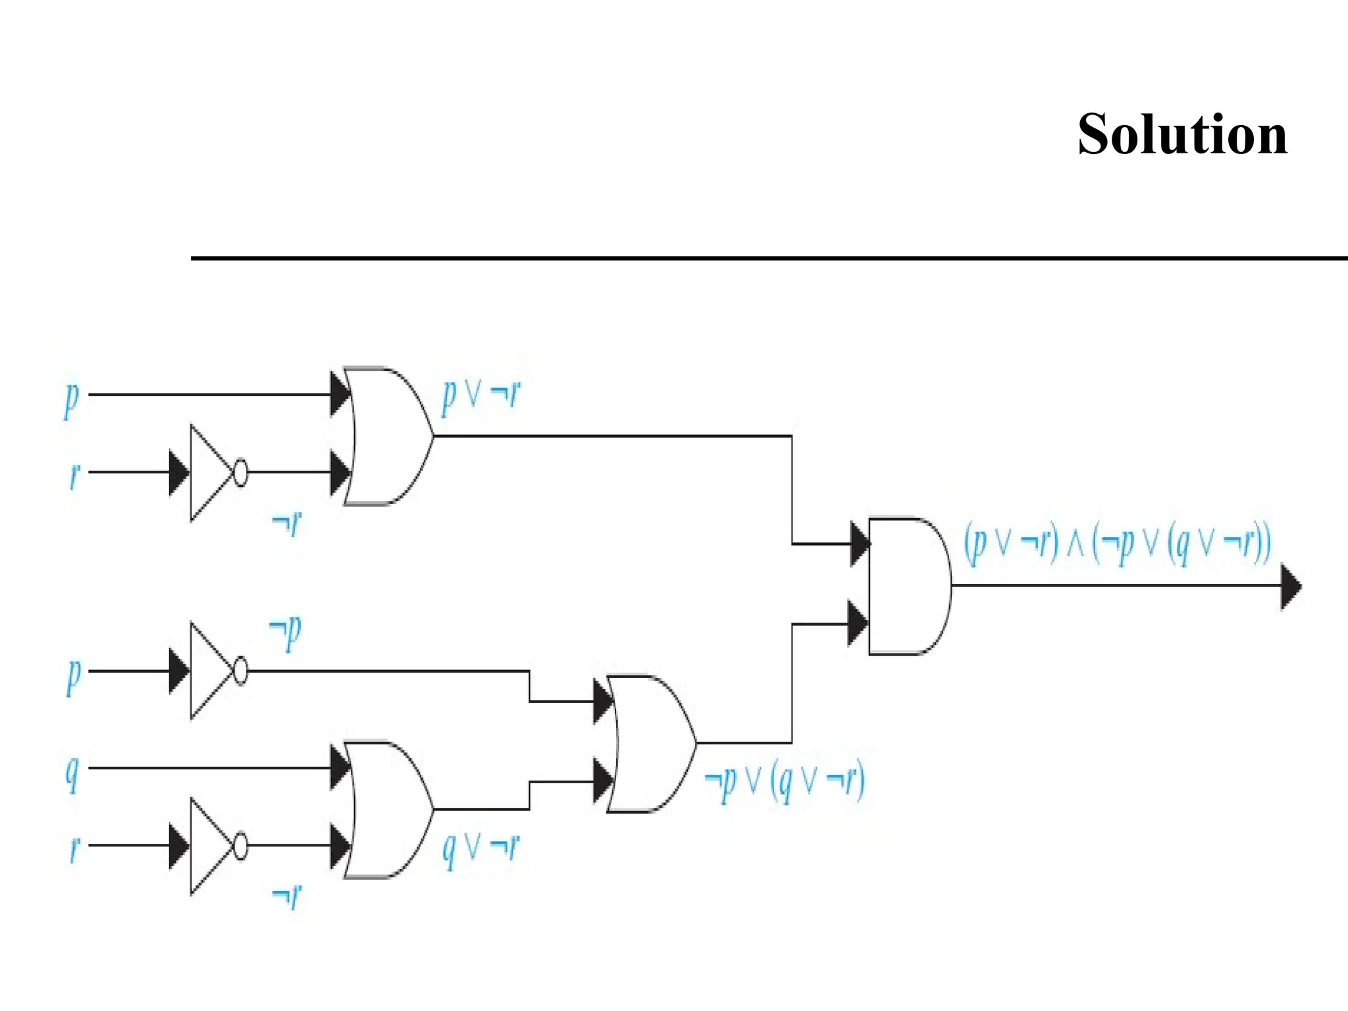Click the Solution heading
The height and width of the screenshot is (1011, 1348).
tap(1182, 134)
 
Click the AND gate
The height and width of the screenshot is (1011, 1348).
tap(908, 586)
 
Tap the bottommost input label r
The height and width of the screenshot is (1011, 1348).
tap(74, 848)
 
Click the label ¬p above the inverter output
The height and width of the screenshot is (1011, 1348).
tap(286, 631)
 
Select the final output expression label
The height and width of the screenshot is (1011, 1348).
tap(1117, 544)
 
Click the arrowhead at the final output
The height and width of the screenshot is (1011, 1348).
tap(1291, 586)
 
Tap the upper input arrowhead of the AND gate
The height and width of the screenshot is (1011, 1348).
tap(859, 544)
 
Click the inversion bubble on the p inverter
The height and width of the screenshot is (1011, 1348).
tap(241, 671)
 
